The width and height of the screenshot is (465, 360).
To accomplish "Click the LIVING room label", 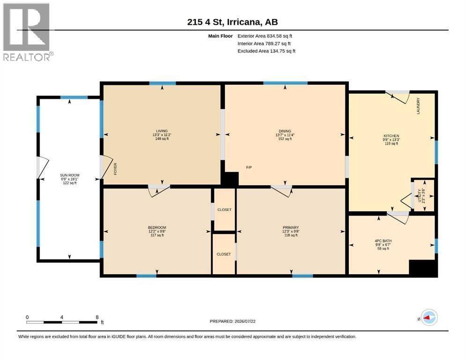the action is click(x=162, y=131).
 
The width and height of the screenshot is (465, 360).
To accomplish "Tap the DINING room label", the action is click(x=285, y=131).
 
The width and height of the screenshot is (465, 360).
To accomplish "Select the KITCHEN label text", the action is click(x=391, y=136).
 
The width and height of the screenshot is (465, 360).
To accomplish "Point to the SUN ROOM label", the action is click(x=70, y=175).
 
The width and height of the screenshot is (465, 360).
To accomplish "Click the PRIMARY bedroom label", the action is click(x=291, y=228).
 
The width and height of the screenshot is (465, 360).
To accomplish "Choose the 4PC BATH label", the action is click(x=383, y=241).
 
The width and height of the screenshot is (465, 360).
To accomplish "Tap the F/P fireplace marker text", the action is click(x=249, y=167).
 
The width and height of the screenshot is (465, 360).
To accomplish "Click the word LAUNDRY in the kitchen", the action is click(x=419, y=106).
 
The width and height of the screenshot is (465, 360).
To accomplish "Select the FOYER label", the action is click(x=115, y=169).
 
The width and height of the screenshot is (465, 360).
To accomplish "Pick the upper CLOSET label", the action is click(x=224, y=210).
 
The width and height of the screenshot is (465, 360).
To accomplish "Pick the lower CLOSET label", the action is click(x=224, y=255).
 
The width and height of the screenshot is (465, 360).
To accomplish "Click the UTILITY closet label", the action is click(x=419, y=196).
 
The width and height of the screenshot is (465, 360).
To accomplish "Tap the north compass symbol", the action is click(x=429, y=317).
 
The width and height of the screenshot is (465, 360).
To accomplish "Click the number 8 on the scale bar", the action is click(x=97, y=317).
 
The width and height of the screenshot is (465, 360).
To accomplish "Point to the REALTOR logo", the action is click(x=27, y=32).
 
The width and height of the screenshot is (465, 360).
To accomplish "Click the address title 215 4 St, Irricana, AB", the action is click(x=232, y=22).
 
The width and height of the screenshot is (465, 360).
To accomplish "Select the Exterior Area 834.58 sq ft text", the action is click(x=265, y=36).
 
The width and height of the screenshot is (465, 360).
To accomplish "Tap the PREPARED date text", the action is click(x=232, y=321).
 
